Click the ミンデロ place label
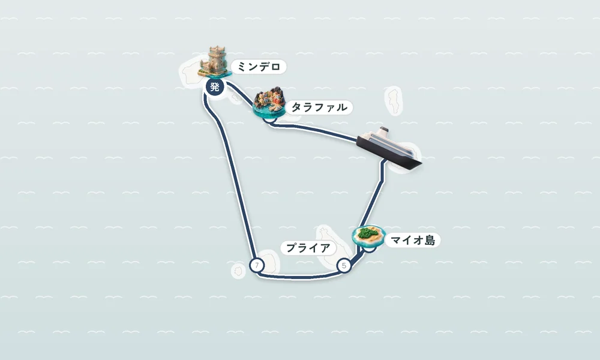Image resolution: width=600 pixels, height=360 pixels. point(259,67)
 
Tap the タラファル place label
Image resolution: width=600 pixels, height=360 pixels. point(319,107)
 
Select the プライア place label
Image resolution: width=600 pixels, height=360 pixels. point(308,248)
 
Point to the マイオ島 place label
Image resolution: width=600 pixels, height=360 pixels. point(413,240)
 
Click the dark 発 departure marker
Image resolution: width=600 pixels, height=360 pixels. point(215,87)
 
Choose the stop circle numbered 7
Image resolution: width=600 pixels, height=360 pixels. point(257,265)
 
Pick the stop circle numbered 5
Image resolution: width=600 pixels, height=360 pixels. point(344,265)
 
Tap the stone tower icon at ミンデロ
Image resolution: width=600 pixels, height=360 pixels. point(215,62)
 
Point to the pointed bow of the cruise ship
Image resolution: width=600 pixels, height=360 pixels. point(421,164)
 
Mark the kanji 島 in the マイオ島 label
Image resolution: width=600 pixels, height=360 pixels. point(430,240)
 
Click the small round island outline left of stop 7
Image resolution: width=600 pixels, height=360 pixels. point(238,271)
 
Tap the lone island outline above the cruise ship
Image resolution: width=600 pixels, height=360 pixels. point(394,101)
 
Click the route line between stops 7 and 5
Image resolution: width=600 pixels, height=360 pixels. point(301,277)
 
